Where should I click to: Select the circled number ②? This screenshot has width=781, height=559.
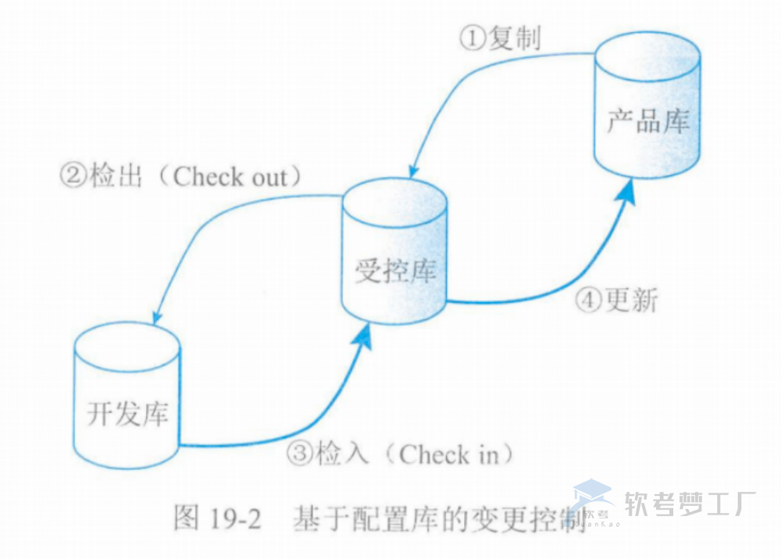(74, 176)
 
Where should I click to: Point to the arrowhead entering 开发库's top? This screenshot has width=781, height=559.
(155, 319)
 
